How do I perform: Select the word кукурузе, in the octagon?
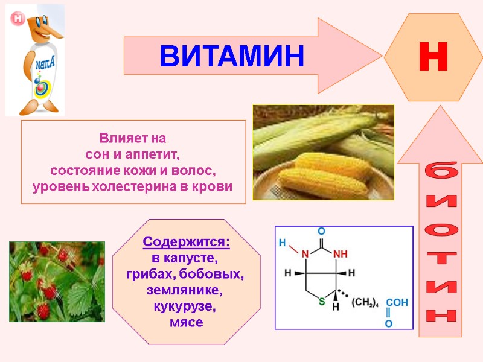(x=186, y=306)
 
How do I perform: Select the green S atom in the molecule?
(x=322, y=300)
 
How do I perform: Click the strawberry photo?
(x=57, y=281)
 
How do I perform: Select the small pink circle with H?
(x=18, y=18)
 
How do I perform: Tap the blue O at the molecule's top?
(x=321, y=231)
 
